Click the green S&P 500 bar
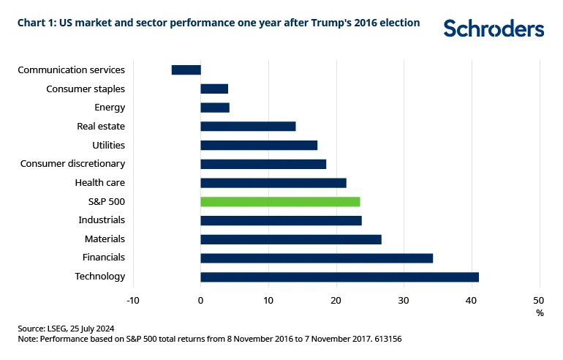[x=280, y=201]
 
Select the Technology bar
[x=339, y=277]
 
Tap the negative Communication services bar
[x=186, y=70]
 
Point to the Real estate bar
[x=248, y=126]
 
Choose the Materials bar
[x=291, y=239]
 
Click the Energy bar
[x=215, y=108]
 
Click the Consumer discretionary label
[x=72, y=163]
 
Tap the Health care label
[x=100, y=182]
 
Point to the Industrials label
[x=102, y=220]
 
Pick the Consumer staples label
[x=86, y=89]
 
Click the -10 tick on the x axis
[x=132, y=300]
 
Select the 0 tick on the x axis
[x=200, y=300]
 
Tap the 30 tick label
[x=404, y=300]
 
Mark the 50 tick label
[x=540, y=300]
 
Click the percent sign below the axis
[x=540, y=312]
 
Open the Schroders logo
[x=494, y=29]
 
